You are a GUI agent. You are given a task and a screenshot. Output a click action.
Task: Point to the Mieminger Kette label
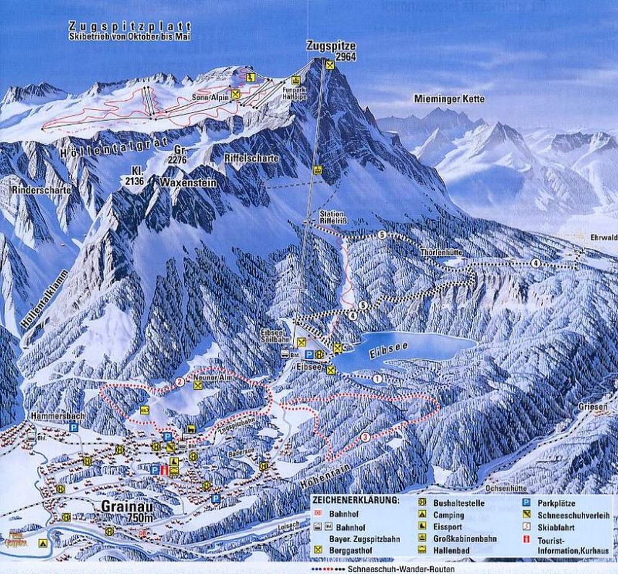449,99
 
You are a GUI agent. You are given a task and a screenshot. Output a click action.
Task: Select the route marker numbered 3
366,437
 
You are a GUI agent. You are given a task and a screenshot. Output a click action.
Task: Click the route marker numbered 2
180,382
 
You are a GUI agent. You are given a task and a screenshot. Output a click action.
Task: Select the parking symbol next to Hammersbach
74,427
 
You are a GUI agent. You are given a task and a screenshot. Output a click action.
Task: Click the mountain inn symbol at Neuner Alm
198,385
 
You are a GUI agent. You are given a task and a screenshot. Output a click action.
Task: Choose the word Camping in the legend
448,515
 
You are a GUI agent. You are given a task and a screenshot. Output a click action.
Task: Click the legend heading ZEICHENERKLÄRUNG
355,499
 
